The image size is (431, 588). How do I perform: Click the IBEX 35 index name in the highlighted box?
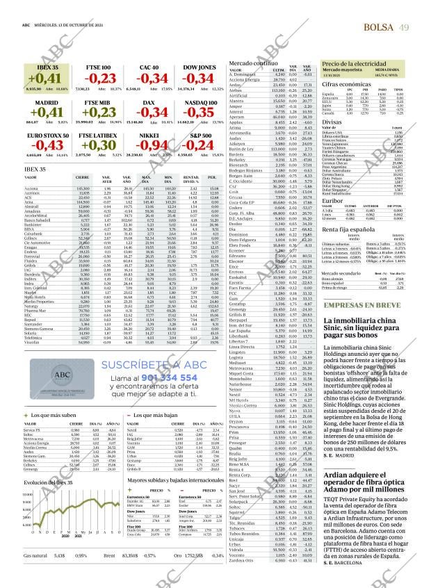pos(38,67)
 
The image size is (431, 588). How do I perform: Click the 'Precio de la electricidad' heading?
pos(353,64)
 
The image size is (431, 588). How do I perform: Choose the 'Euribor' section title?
pos(332,199)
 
